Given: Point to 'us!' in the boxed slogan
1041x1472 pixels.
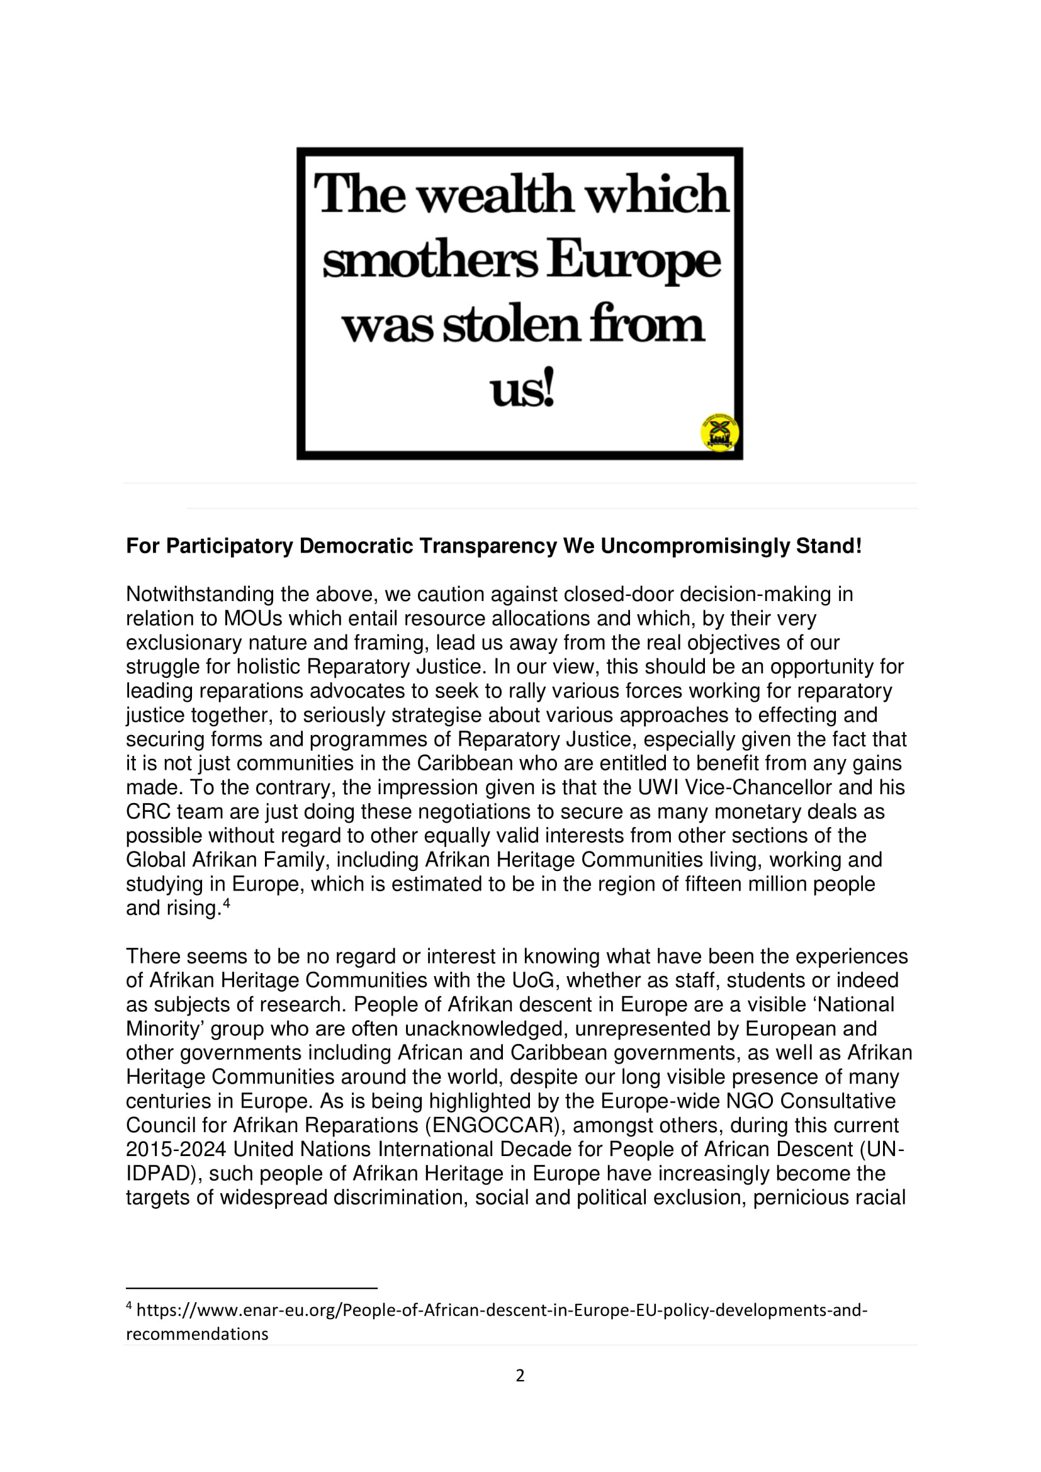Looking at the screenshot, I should tap(522, 390).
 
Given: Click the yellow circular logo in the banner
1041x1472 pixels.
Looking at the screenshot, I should tap(719, 432).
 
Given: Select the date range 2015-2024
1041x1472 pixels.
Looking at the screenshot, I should tap(176, 1150).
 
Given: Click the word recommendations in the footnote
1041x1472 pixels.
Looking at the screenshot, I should tap(197, 1334).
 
